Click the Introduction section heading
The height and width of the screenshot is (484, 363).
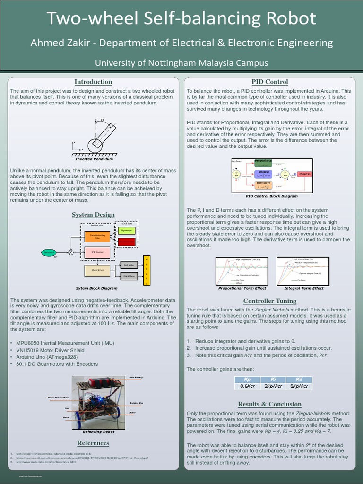click(x=93, y=82)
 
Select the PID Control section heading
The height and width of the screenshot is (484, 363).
click(x=270, y=82)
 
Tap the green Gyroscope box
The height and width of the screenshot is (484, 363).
click(x=126, y=231)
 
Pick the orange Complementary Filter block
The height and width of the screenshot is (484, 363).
click(x=97, y=236)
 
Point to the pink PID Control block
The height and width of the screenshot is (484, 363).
click(x=97, y=253)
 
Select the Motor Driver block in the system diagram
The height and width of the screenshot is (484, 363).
click(x=97, y=270)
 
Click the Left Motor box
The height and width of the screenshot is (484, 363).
click(x=129, y=265)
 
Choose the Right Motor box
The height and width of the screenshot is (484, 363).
click(x=129, y=276)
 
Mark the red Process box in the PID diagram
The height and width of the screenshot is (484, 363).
click(x=305, y=174)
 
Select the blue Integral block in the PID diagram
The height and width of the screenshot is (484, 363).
click(x=264, y=173)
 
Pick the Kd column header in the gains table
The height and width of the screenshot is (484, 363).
click(x=299, y=379)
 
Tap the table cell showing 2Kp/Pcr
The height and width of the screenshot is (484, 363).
click(x=273, y=386)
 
